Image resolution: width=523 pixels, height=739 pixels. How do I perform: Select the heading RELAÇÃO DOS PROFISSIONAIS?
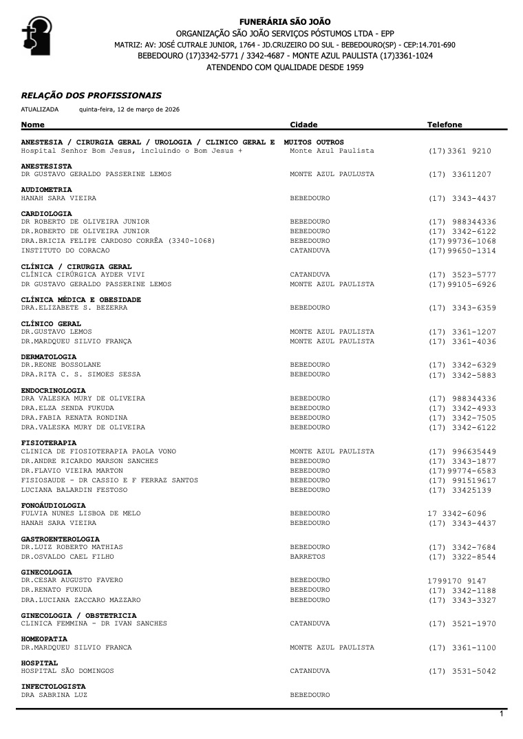coord(92,96)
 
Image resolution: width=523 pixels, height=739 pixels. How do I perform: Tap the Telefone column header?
coord(445,125)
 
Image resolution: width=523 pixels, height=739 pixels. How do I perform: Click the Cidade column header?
coord(303,125)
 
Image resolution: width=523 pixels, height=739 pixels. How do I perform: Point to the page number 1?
coord(502,715)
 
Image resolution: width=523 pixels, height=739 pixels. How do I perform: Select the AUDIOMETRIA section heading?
coord(47,189)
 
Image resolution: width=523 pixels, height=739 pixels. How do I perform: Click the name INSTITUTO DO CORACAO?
coord(61,250)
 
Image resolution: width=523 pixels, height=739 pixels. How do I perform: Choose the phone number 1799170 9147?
coord(456,581)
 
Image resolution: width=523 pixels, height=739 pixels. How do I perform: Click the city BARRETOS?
coord(308,557)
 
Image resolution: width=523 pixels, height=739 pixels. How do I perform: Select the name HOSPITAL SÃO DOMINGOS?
coord(67,671)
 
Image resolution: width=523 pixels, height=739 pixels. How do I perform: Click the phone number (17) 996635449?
coord(462,452)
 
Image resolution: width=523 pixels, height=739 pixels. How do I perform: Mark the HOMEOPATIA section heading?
coord(44,639)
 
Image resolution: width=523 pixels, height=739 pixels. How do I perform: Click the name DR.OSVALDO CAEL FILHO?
coord(67,557)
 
